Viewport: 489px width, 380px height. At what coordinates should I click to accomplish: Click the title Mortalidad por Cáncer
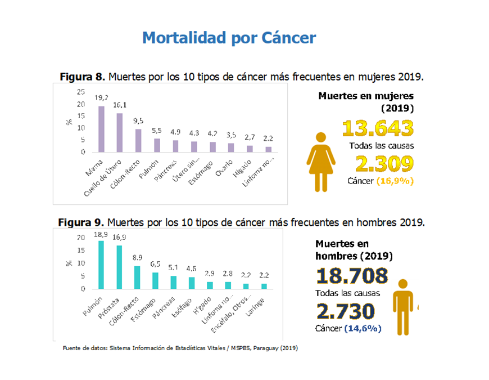(229, 38)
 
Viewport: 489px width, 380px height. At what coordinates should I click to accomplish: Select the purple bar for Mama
(102, 129)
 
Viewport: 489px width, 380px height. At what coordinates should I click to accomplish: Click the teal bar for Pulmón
(101, 265)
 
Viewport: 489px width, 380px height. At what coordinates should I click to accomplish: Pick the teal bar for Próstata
(119, 267)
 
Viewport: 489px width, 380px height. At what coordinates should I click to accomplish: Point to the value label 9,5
(138, 122)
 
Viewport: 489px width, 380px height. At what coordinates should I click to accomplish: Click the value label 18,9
(101, 234)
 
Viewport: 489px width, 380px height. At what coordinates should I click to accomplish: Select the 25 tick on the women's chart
(81, 92)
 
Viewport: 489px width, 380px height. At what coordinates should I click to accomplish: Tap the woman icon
(321, 162)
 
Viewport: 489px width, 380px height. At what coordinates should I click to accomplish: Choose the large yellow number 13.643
(378, 129)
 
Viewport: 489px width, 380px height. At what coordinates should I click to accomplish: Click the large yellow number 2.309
(384, 164)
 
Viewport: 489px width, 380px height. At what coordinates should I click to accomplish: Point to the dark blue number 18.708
(352, 276)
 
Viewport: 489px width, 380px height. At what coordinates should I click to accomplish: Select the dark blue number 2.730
(345, 311)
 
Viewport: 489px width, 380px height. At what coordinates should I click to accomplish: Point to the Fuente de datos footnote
(180, 348)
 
